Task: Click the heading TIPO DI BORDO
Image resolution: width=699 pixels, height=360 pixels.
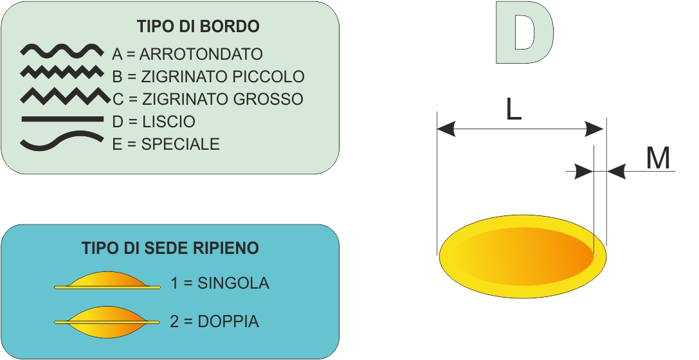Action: click(198, 26)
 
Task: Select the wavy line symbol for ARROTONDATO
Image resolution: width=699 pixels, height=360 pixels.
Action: click(62, 51)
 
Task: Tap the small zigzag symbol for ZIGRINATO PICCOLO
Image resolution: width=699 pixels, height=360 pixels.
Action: click(62, 72)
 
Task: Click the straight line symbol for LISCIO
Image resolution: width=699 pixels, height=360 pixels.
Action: click(62, 119)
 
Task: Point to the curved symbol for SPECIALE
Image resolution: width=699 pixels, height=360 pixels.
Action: click(62, 140)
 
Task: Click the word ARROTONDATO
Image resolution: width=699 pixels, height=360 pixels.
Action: click(201, 55)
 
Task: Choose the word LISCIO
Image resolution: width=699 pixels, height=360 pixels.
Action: click(168, 122)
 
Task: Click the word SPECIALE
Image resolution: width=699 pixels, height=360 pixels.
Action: click(181, 144)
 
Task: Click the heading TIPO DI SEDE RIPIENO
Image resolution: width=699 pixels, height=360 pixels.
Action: click(170, 248)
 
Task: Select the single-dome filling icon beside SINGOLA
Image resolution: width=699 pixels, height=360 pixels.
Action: click(107, 280)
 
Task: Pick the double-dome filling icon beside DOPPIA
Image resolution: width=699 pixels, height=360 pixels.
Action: click(107, 321)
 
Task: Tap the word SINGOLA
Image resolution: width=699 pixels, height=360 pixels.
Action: click(233, 283)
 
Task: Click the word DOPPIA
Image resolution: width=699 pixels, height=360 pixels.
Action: click(228, 321)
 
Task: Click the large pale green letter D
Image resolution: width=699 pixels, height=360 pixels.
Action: click(525, 32)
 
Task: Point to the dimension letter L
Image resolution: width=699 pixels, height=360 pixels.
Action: click(514, 109)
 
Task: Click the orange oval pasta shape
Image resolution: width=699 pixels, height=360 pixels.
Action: click(523, 256)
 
